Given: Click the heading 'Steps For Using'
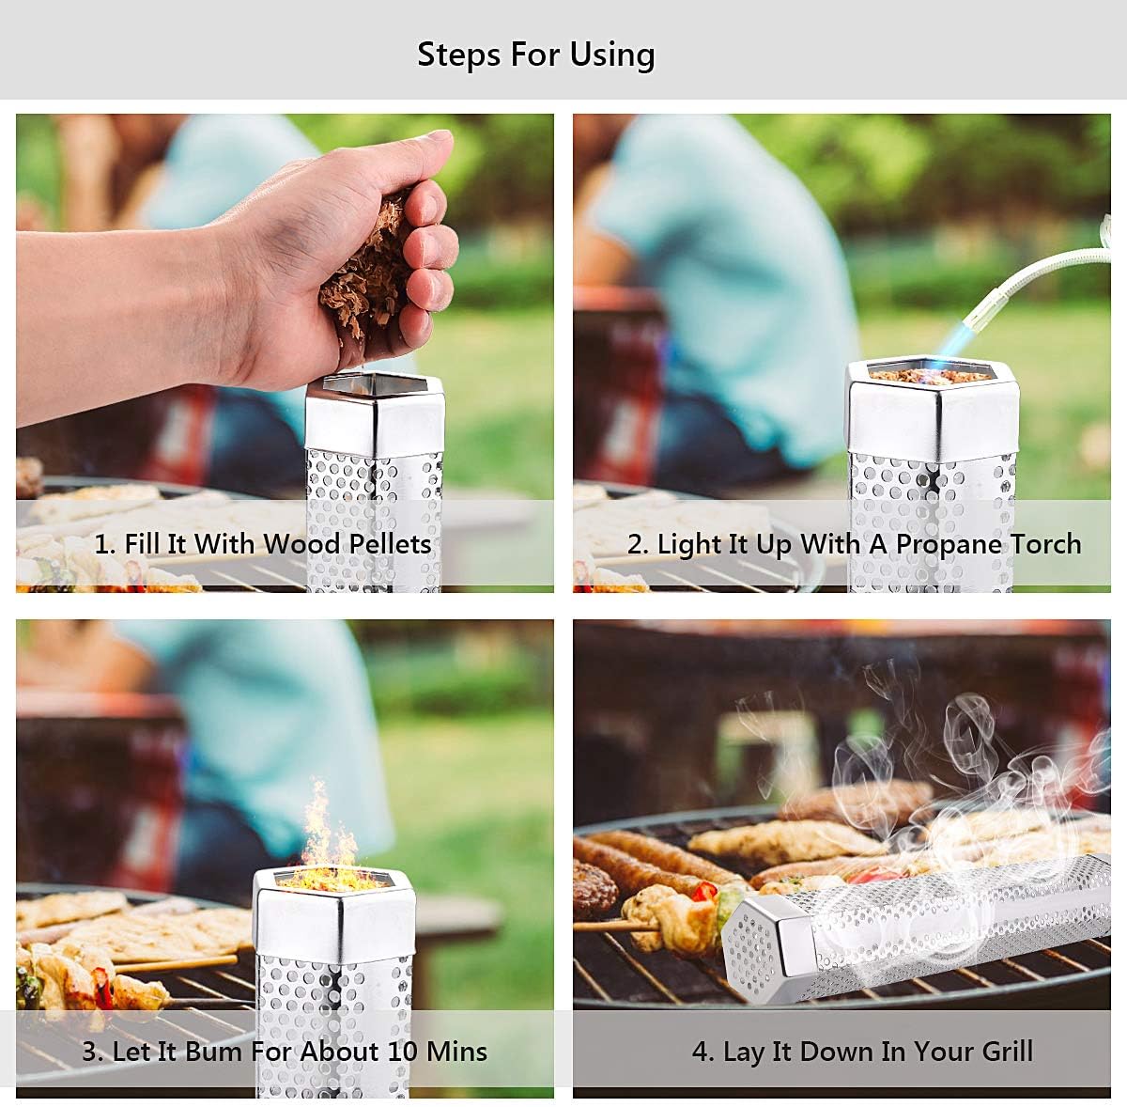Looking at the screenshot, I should point(535,55).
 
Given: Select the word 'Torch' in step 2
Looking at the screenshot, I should point(1045,544).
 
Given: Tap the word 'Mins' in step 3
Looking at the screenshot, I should point(456,1051).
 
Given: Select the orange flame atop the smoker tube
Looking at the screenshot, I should point(321,836).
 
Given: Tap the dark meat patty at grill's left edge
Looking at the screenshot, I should point(594,888).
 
